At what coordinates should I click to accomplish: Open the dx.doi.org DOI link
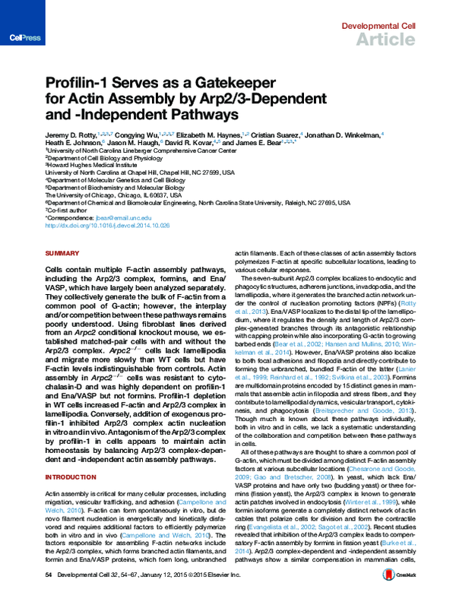pyautogui.click(x=107, y=225)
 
